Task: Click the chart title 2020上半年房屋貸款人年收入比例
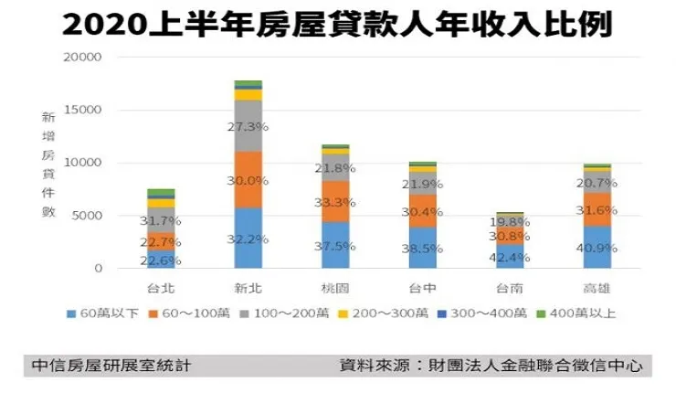point(338,24)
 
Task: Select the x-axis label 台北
point(161,288)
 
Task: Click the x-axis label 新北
point(247,288)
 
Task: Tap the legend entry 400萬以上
point(577,313)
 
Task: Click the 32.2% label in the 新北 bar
point(247,239)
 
